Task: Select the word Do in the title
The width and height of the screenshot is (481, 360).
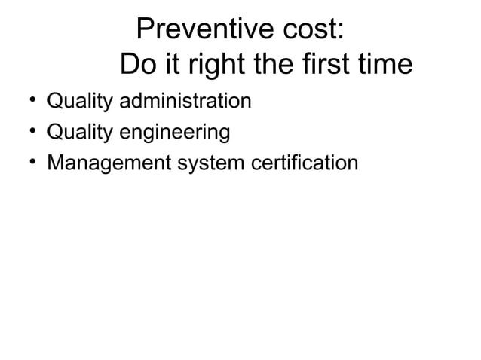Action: click(x=136, y=66)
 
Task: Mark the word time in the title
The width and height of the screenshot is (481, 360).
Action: click(x=383, y=66)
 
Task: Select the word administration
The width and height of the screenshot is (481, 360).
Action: click(x=182, y=100)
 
